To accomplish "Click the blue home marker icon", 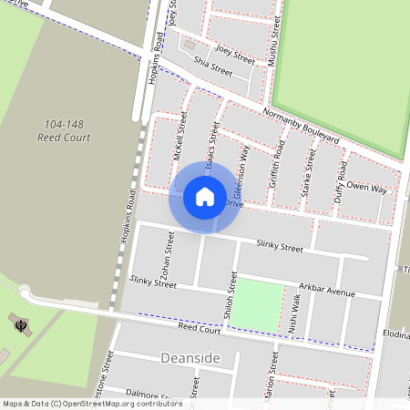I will (x=204, y=195).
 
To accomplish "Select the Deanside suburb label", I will (x=190, y=358).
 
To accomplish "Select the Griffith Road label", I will (x=275, y=164).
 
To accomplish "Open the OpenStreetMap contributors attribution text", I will (x=91, y=404).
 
